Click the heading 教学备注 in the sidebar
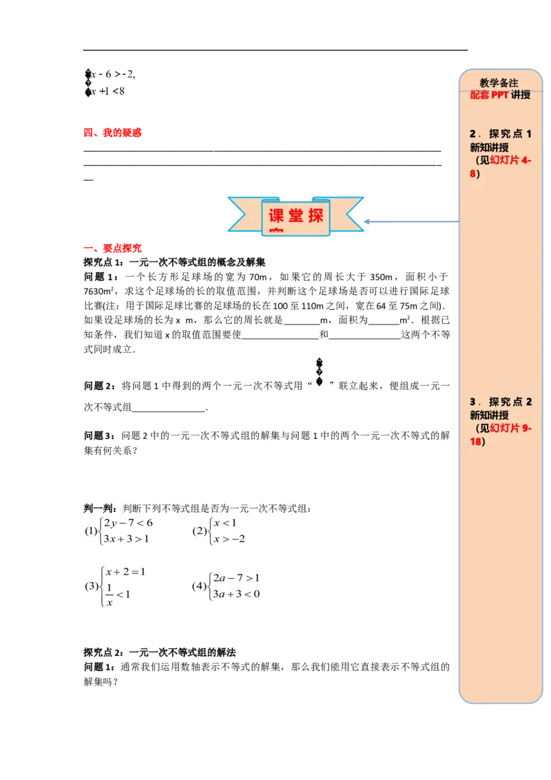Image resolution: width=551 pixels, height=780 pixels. [x=499, y=83]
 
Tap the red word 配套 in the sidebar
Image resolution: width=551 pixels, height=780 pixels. [x=479, y=95]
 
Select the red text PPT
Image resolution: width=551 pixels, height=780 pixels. [x=499, y=95]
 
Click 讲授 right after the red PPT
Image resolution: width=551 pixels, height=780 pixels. [x=521, y=95]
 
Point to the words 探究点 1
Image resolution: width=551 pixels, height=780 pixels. [x=510, y=134]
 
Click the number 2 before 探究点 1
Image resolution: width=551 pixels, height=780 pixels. [x=473, y=134]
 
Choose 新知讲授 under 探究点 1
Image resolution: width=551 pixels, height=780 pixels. [x=489, y=147]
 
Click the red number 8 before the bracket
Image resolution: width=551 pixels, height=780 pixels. [x=473, y=174]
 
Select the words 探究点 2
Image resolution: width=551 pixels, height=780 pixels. [x=510, y=402]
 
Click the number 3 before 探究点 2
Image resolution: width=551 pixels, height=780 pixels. [x=473, y=402]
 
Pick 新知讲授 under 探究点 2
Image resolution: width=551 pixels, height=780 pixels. [x=489, y=415]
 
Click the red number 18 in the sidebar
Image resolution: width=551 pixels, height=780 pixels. [x=475, y=442]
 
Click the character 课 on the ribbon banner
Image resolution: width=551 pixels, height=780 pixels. [x=275, y=216]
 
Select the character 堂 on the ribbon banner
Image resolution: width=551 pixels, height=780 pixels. [x=295, y=216]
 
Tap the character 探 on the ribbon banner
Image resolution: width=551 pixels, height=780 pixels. [x=315, y=216]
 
